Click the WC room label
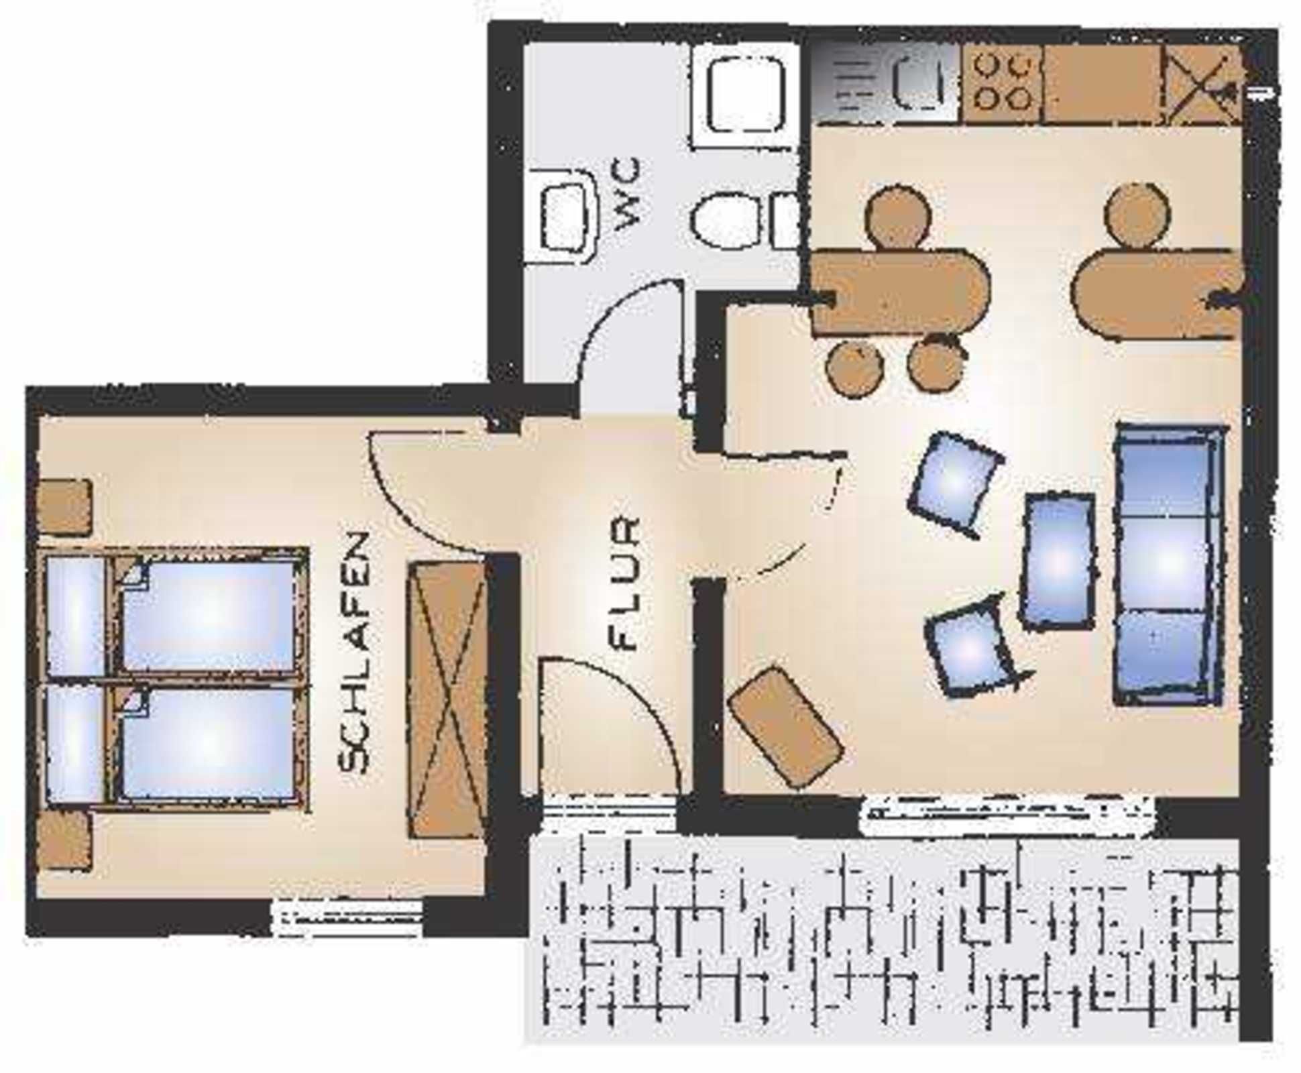pyautogui.click(x=628, y=194)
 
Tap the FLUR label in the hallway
pyautogui.click(x=625, y=583)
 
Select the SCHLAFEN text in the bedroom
pyautogui.click(x=354, y=653)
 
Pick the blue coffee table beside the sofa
pyautogui.click(x=1058, y=562)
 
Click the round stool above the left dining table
pyautogui.click(x=898, y=215)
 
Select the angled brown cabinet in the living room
pyautogui.click(x=785, y=726)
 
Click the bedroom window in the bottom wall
pyautogui.click(x=347, y=917)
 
